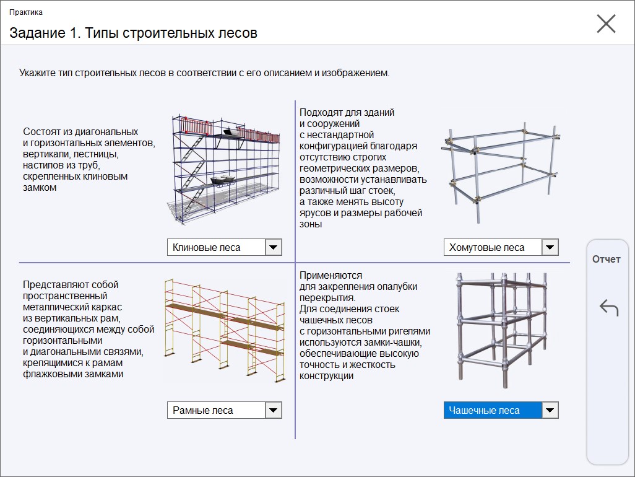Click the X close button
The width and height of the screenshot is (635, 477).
tap(607, 24)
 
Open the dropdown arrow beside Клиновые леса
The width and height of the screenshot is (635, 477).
tap(274, 247)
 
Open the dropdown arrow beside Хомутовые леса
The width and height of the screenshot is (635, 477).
tap(550, 247)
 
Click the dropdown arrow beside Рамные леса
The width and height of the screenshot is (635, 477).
tap(274, 410)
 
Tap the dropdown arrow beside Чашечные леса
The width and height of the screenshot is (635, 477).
tap(550, 410)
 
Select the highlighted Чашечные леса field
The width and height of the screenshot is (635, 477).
tap(493, 410)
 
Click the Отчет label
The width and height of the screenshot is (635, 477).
tap(607, 259)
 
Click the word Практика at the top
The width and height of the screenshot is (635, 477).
tap(26, 12)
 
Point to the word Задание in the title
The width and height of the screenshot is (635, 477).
tap(37, 33)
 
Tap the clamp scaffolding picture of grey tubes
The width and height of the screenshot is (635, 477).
tap(501, 172)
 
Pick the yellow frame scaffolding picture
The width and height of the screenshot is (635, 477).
tap(225, 330)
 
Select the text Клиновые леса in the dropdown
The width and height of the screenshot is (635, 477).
tap(207, 248)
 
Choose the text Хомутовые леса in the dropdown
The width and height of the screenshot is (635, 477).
tap(487, 248)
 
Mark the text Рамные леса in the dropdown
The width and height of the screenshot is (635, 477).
tap(203, 411)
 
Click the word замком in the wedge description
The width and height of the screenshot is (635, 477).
tap(40, 188)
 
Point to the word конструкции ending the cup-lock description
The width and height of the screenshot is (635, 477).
tap(326, 376)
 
